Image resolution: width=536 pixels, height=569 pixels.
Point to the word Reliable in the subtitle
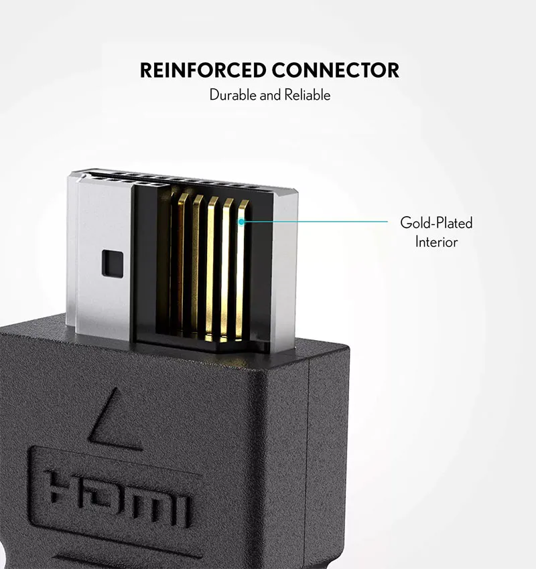(x=308, y=95)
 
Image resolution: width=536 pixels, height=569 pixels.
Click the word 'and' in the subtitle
(x=271, y=95)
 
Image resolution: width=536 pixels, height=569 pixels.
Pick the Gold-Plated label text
(x=436, y=222)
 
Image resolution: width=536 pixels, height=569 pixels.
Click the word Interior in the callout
(x=436, y=242)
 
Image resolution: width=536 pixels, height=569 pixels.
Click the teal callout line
(x=315, y=221)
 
